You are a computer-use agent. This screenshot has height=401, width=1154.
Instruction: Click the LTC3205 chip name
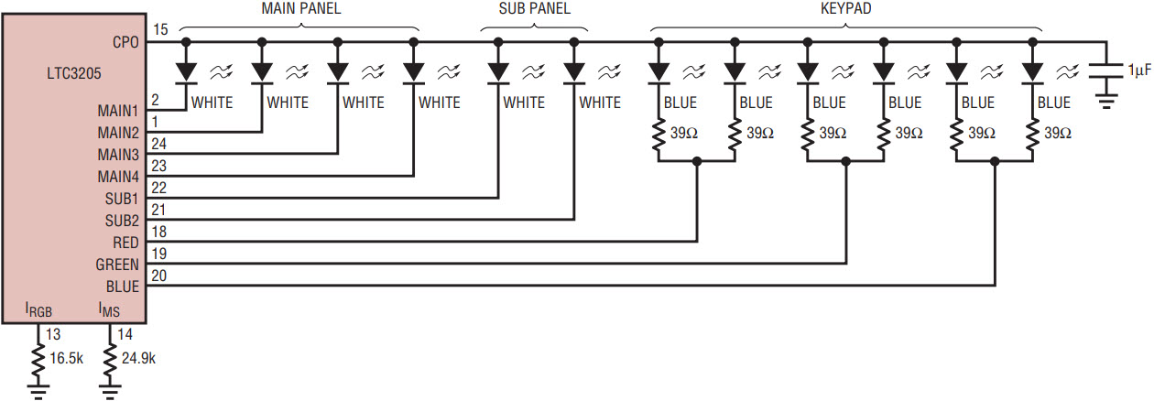73,73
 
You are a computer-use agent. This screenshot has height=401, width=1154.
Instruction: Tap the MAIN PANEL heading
301,8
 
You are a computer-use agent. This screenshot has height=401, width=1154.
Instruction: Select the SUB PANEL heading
534,8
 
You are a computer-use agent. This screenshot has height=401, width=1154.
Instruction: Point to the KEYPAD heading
845,8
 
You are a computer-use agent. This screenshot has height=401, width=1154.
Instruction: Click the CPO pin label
125,42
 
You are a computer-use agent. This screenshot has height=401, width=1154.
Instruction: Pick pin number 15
160,29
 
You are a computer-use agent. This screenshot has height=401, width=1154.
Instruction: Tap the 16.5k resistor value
67,358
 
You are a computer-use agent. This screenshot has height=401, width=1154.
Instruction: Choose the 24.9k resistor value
138,358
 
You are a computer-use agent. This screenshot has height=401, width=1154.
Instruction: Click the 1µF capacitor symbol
1105,71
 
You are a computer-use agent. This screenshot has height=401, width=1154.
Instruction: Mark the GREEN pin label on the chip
117,265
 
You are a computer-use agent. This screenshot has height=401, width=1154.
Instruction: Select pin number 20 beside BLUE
159,276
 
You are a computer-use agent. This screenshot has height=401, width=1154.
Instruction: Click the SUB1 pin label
122,199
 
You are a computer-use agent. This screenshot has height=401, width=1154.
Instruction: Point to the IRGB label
38,310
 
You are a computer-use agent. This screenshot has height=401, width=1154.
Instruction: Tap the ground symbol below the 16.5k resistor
38,392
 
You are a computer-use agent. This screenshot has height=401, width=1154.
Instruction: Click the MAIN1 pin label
118,111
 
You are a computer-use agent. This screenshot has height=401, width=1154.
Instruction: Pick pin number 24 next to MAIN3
159,144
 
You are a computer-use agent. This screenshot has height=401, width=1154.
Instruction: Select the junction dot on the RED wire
697,162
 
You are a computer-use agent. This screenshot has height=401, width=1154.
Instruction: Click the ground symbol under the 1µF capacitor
1105,102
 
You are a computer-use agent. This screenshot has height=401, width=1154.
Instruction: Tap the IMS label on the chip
109,310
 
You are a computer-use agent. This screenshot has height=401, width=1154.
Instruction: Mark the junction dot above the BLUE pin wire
995,162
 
